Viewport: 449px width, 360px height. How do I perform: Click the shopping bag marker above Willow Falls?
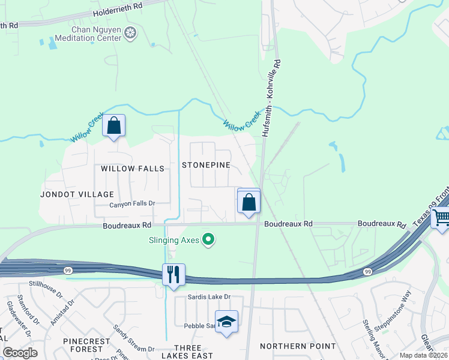[113, 126]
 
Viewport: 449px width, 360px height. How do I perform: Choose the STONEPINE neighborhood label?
[206, 165]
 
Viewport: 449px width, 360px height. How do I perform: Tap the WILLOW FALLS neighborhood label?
[132, 169]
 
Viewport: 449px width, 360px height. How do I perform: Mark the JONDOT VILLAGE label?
[77, 194]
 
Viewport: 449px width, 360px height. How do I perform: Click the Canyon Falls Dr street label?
[132, 204]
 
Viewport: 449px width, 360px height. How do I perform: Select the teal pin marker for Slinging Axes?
[209, 240]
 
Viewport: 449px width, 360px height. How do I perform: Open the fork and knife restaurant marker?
[173, 275]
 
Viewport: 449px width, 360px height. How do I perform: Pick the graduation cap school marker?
[226, 322]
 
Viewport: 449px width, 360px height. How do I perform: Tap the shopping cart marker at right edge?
[441, 217]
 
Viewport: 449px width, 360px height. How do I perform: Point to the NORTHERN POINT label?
[298, 346]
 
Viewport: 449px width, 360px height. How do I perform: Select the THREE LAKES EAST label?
[193, 352]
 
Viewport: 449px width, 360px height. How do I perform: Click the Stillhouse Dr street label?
[49, 289]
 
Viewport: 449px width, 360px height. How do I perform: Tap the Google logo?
[19, 352]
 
